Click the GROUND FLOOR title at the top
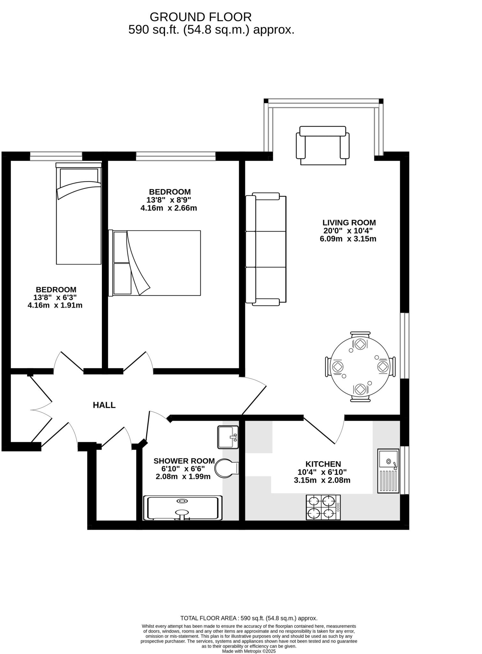coord(200,17)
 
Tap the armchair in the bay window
coord(322,146)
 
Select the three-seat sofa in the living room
coord(266,249)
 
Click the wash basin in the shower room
coord(228,437)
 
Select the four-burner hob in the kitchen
coord(323,507)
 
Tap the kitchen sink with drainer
coord(388,471)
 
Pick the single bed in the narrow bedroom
coord(79,214)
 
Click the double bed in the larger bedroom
coord(155,263)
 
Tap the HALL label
coord(104,405)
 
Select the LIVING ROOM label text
coord(349,223)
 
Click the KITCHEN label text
coord(323,464)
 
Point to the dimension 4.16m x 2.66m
coord(169,208)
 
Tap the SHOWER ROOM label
coord(184,461)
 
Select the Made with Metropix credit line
coord(249,651)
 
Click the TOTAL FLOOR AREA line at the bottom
coord(249,618)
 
